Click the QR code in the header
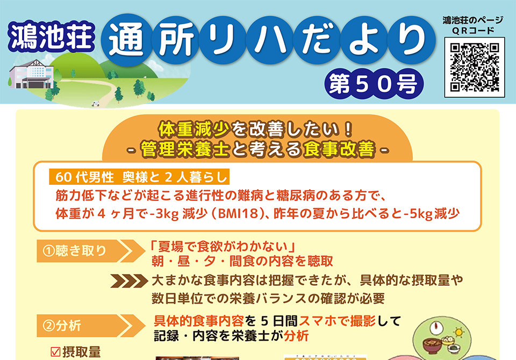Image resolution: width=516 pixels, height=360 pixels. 475,68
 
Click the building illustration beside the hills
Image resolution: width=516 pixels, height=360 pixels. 32,74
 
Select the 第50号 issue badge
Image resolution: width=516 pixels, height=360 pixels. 374,84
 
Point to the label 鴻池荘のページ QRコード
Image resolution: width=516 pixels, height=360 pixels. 472,25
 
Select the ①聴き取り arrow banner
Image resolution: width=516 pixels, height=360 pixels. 90,251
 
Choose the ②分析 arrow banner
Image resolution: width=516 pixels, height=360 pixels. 90,326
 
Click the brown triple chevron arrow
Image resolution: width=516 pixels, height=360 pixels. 129,280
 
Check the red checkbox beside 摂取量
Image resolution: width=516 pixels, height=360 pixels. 55,352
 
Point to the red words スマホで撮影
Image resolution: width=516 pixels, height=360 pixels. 337,321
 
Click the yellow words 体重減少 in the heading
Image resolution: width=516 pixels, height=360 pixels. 194,129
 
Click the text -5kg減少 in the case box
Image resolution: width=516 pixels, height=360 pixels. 432,213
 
